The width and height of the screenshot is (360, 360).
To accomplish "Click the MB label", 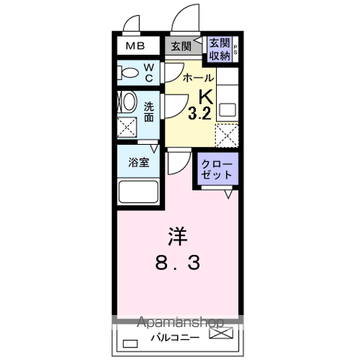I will [x=136, y=46].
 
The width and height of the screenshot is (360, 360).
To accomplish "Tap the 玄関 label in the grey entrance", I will [x=181, y=46].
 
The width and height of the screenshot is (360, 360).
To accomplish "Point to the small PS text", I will [x=235, y=50].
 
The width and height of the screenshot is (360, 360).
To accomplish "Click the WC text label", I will [x=149, y=73].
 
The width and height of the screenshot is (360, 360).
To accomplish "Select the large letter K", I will [x=204, y=97].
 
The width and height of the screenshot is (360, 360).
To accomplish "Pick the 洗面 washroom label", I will [x=149, y=112].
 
